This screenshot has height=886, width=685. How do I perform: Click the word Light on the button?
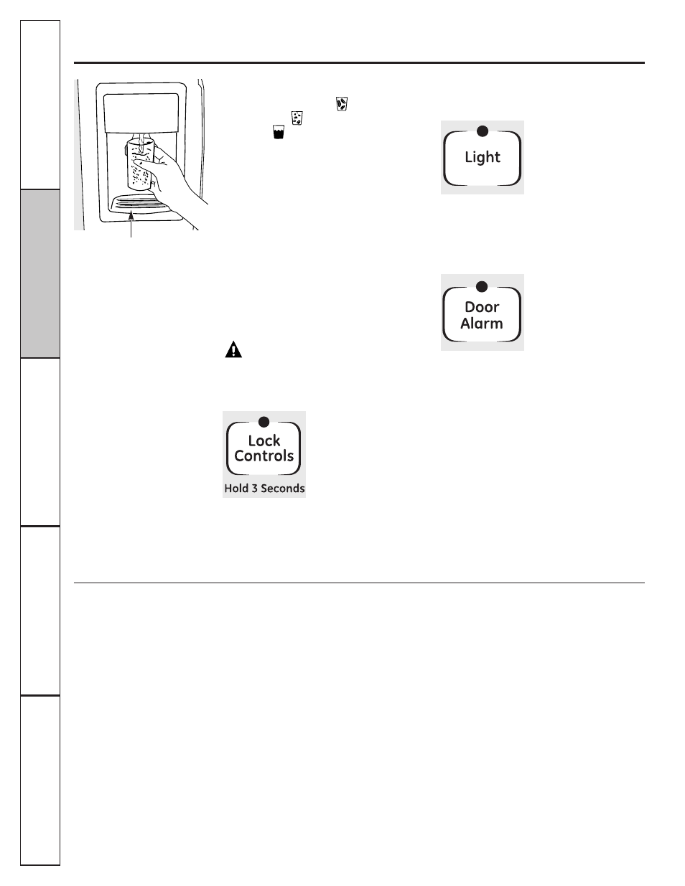[x=483, y=157]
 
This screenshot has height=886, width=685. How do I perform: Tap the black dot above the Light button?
[x=483, y=131]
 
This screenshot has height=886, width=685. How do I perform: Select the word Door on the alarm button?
[x=482, y=307]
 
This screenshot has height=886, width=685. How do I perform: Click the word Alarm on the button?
[x=482, y=324]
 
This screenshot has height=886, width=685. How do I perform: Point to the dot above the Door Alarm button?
[x=482, y=287]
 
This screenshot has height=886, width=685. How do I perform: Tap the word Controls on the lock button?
[x=264, y=456]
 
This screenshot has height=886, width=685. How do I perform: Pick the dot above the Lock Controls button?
[x=264, y=422]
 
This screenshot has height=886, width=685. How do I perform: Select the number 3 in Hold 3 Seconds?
[x=254, y=489]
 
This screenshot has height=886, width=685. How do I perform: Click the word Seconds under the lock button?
[x=283, y=489]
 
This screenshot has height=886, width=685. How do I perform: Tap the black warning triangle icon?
[x=233, y=349]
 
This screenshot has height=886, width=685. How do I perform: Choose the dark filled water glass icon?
[x=279, y=132]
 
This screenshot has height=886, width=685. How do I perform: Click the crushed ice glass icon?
[x=297, y=118]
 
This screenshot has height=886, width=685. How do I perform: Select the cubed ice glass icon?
[x=342, y=104]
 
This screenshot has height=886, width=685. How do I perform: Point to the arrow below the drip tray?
[x=131, y=225]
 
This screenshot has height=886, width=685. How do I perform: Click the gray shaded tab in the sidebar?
[x=40, y=273]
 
